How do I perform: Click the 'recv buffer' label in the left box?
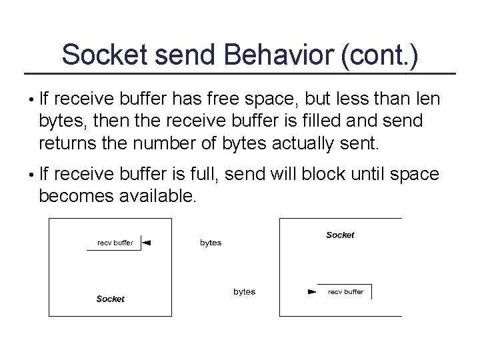pos(115,243)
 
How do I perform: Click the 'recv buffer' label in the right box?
pos(345,292)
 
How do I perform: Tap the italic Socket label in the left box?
pos(110,299)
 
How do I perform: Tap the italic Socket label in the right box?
pos(340,235)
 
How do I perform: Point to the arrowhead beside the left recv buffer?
pos(147,243)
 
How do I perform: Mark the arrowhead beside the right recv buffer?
pos(311,292)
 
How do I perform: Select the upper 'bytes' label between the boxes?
pos(211,243)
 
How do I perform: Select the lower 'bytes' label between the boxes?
pos(244,292)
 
